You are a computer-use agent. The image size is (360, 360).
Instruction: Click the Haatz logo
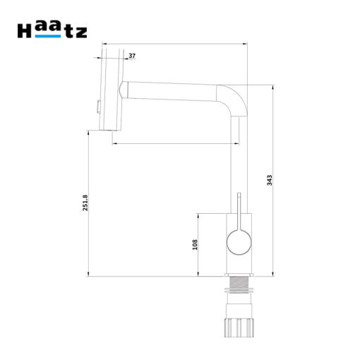coord(52,30)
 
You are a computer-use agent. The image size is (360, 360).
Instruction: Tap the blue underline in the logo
coord(48,36)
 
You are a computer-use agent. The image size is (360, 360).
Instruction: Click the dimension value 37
coord(132,56)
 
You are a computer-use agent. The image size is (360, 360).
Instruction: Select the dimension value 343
coord(270,180)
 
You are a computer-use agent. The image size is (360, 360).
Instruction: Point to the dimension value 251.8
coord(85,203)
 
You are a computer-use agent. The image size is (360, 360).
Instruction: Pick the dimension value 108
coord(195,244)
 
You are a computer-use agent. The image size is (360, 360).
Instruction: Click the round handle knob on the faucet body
coord(239,242)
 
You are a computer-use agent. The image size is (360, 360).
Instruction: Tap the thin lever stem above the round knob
coord(239,211)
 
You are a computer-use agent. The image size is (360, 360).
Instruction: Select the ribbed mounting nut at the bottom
coord(239,328)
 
